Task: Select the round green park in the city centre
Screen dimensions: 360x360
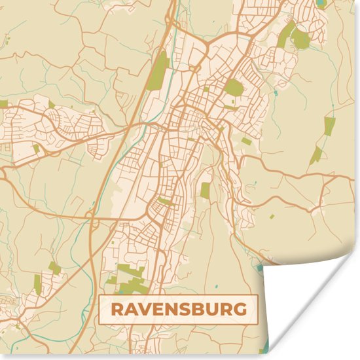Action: click(234, 87)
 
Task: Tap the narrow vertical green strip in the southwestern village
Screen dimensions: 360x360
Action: click(37, 283)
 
